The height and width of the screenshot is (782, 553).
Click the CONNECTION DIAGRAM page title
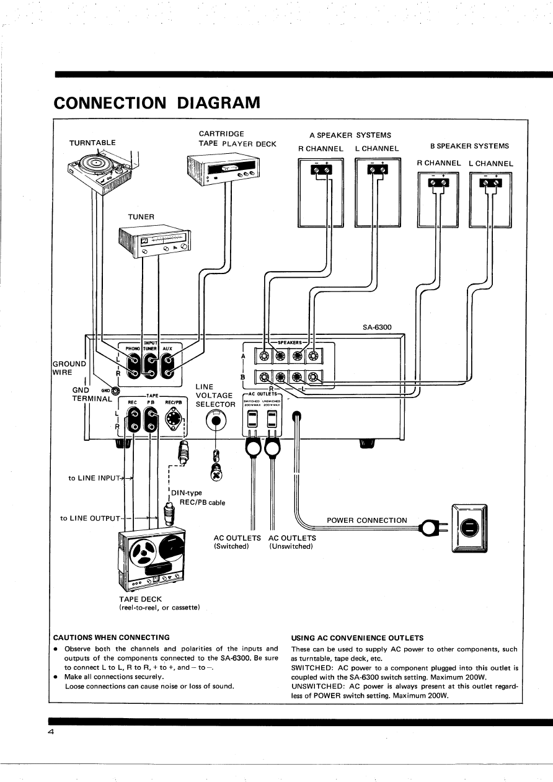point(157,102)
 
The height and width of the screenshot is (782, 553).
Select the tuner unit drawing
point(155,242)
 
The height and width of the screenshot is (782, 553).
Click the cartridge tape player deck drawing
point(223,169)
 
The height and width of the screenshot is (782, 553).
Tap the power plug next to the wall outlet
point(431,529)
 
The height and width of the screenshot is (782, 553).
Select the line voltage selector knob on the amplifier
point(216,422)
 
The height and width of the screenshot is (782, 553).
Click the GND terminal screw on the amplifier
point(115,391)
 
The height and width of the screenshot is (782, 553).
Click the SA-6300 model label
point(377,327)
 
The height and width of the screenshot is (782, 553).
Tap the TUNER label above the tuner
point(142,216)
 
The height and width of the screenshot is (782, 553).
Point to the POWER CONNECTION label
point(367,520)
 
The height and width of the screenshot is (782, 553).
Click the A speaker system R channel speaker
point(320,192)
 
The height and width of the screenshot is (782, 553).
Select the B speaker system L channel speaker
point(491,200)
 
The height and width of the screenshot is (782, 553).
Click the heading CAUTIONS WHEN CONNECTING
point(112,637)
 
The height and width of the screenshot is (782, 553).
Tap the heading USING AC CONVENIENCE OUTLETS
point(357,638)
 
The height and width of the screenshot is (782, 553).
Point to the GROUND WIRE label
point(68,367)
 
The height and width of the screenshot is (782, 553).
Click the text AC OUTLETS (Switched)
point(237,542)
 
